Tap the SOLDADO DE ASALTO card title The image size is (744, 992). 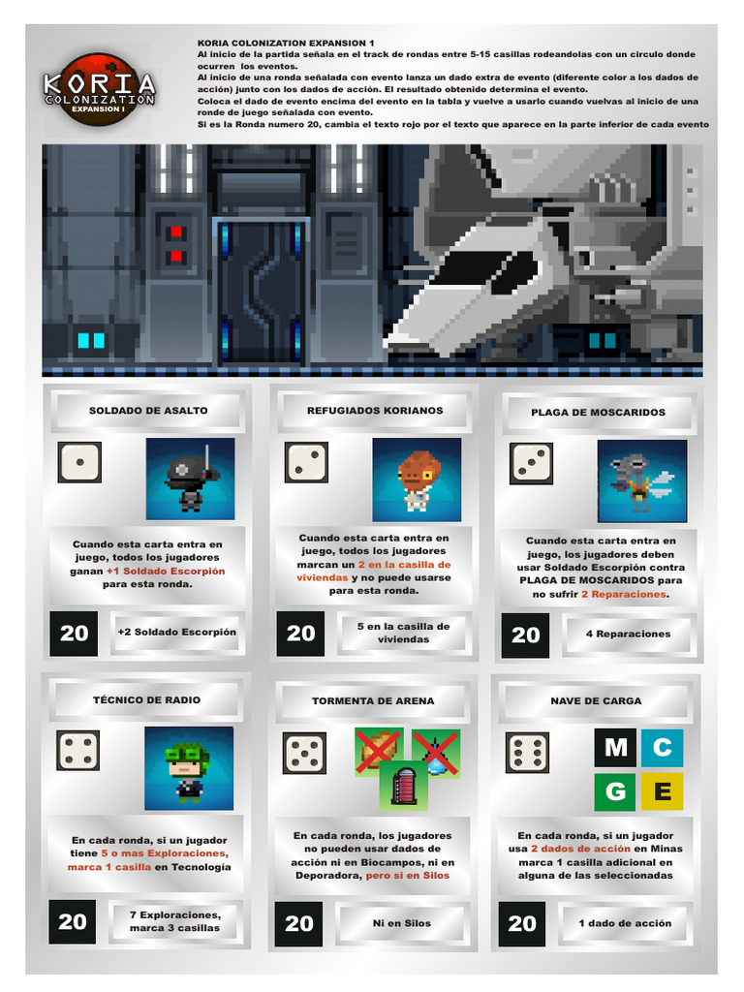point(148,411)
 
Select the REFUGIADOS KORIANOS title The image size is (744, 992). point(375,411)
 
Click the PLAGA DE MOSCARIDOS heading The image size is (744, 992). point(598,413)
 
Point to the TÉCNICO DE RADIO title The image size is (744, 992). point(146,699)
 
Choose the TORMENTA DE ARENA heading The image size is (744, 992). point(373,700)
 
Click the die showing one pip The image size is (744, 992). point(79,462)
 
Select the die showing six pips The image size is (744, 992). point(528,753)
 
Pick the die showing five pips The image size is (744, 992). point(304,753)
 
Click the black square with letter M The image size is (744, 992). point(615,748)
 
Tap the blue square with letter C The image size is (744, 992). point(663,748)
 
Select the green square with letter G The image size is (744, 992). point(615,791)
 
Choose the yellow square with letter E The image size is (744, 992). point(663,791)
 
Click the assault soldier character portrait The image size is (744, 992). point(190,479)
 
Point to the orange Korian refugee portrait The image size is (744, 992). point(417,480)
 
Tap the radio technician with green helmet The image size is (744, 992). point(189,768)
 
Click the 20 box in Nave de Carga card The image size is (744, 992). point(522,923)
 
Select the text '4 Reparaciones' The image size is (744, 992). point(628,634)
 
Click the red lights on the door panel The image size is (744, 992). point(175,243)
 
